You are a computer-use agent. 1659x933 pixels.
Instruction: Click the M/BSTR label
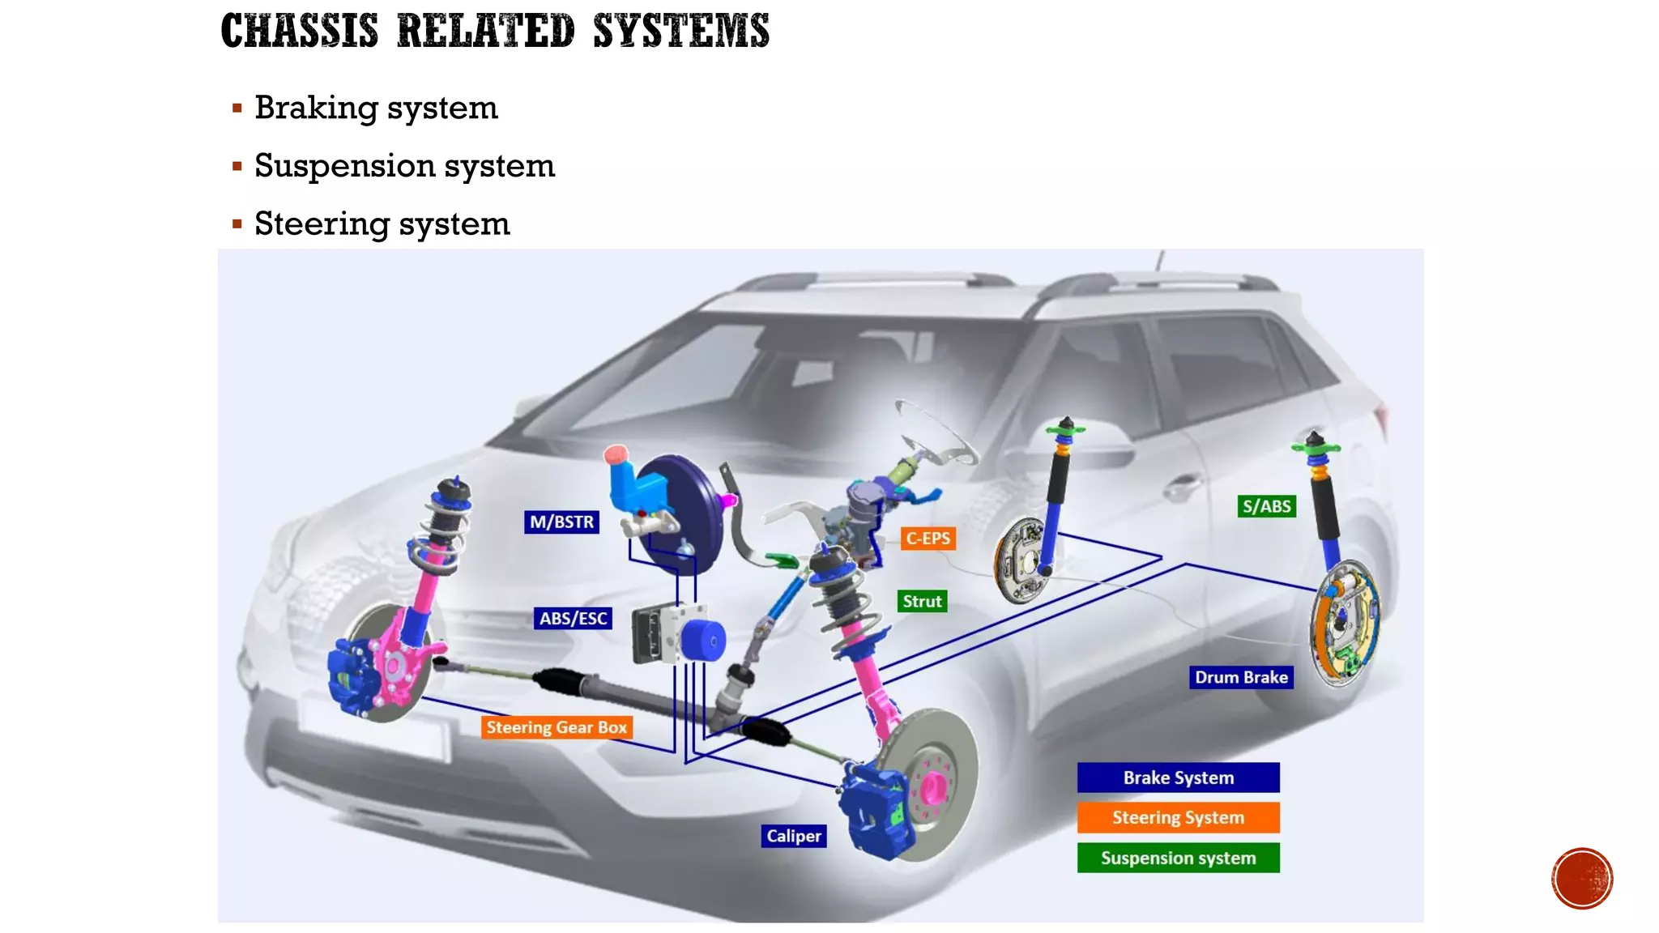point(561,522)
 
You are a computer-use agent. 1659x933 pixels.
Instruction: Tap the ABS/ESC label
point(573,618)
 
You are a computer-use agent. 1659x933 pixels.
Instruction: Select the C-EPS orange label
point(928,539)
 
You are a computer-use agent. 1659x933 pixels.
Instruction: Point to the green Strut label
point(922,601)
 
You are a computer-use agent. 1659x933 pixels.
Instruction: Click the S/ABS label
point(1266,506)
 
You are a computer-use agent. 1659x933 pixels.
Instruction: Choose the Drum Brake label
point(1241,677)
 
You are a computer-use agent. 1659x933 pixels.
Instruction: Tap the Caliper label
point(793,836)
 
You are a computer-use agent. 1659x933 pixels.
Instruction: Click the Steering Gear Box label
point(557,727)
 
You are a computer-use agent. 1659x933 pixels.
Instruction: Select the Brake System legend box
point(1178,777)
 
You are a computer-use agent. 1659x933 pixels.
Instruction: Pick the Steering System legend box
point(1178,817)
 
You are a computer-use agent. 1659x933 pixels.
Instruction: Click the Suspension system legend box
point(1178,858)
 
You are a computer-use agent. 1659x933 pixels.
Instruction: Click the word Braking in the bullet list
point(316,108)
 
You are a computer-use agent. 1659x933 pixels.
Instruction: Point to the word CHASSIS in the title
point(299,31)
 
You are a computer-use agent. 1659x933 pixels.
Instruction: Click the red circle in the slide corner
point(1581,879)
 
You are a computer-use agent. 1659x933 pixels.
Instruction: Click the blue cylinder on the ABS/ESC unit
point(702,640)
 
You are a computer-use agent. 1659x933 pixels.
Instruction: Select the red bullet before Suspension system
point(237,166)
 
